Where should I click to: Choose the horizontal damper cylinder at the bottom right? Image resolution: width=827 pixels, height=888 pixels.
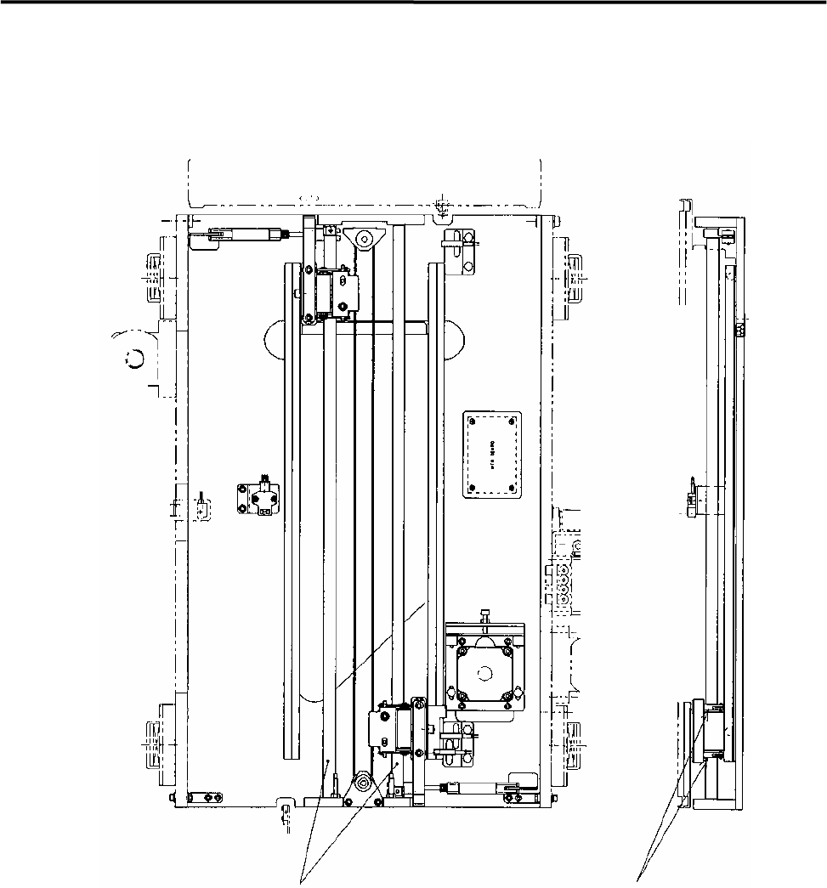point(476,789)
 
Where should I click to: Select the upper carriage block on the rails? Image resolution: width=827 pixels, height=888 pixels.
point(327,291)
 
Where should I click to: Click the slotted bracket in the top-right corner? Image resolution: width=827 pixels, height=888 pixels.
point(460,251)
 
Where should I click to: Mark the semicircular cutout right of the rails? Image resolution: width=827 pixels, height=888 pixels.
point(450,340)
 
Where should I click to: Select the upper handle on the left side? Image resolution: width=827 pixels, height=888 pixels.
point(151,280)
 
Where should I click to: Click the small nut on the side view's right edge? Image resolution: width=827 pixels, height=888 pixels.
point(739,328)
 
